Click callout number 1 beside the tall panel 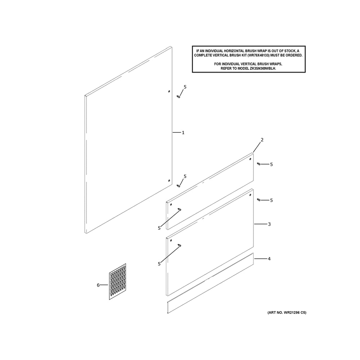(183, 133)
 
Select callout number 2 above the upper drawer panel (262, 140)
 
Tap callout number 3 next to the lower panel (269, 224)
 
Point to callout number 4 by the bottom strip (269, 259)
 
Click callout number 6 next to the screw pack (98, 285)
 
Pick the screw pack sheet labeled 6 (117, 282)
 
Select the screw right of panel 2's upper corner (258, 164)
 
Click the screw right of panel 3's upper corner (258, 200)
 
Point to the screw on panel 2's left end (180, 209)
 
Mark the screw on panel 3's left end (180, 246)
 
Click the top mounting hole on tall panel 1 (169, 91)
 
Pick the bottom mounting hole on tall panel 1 (169, 181)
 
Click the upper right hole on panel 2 (250, 159)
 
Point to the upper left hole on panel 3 (171, 240)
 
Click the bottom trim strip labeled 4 (210, 283)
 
